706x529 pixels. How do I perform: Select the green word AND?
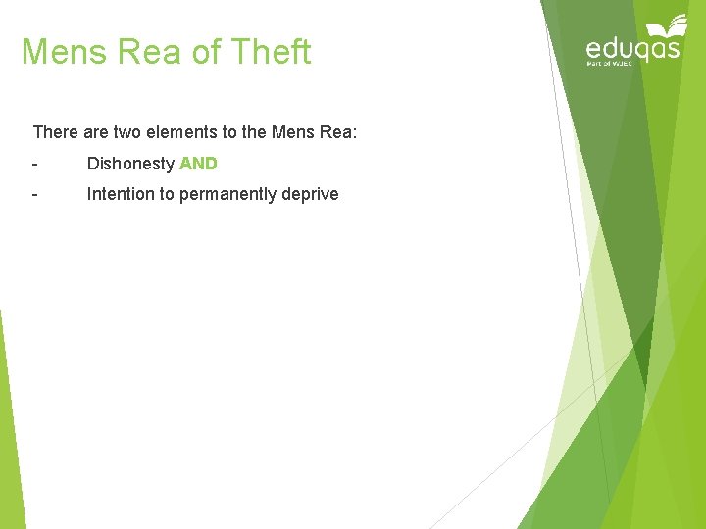click(198, 164)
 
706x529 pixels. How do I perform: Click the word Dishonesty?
click(130, 164)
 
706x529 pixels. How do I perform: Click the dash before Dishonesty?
click(35, 164)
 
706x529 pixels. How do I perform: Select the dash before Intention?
click(35, 194)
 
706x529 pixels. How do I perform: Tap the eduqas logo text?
click(632, 47)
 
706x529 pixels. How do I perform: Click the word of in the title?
click(207, 51)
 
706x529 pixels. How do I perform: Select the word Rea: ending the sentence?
click(340, 131)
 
